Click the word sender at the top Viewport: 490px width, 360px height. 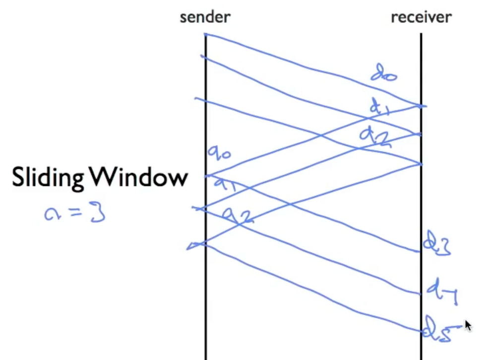[205, 17]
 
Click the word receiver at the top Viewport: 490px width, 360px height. [421, 17]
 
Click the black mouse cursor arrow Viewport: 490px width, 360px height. [468, 325]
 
